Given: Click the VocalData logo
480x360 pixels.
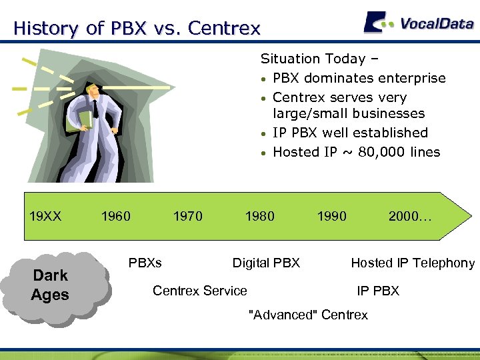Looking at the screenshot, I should pyautogui.click(x=419, y=23).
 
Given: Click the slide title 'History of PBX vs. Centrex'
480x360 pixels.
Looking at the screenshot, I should pyautogui.click(x=137, y=29).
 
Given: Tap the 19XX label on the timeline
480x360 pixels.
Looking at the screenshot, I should pyautogui.click(x=45, y=215).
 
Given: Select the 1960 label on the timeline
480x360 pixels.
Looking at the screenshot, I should pyautogui.click(x=115, y=215).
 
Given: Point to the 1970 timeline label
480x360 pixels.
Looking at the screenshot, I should pyautogui.click(x=187, y=215).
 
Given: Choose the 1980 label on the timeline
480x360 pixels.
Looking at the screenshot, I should pyautogui.click(x=259, y=215).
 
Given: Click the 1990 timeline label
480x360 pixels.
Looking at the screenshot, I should pyautogui.click(x=331, y=215).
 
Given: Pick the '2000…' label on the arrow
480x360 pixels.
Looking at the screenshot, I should pyautogui.click(x=409, y=215).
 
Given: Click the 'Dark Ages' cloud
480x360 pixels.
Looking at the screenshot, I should pyautogui.click(x=51, y=285).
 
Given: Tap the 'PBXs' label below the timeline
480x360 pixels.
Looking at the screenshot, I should pyautogui.click(x=145, y=263).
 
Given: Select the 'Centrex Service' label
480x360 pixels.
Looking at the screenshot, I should pyautogui.click(x=200, y=290).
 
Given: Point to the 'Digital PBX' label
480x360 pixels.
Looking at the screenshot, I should pyautogui.click(x=266, y=263).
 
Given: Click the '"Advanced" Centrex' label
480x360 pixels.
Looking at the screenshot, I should pyautogui.click(x=307, y=315).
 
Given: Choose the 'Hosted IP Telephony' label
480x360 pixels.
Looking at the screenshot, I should pyautogui.click(x=413, y=263).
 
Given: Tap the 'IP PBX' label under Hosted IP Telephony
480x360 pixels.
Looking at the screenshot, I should pyautogui.click(x=378, y=290).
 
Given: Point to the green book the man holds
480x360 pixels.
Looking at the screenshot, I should pyautogui.click(x=83, y=120).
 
